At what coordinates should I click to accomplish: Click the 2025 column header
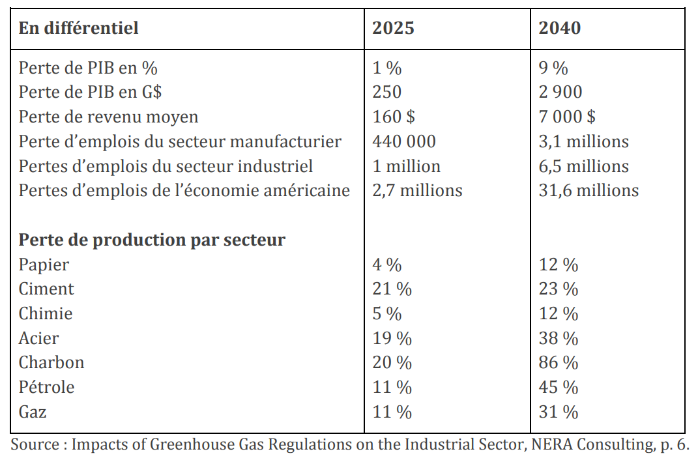[x=393, y=28]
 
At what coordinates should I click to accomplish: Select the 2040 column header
[x=560, y=28]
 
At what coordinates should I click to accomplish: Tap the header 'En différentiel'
[x=78, y=28]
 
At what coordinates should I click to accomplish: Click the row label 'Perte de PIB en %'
[x=88, y=68]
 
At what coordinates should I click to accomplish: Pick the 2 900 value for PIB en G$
[x=560, y=92]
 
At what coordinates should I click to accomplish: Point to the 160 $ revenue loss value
[x=394, y=117]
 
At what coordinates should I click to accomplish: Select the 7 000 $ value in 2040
[x=567, y=117]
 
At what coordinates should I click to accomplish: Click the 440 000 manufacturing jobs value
[x=404, y=141]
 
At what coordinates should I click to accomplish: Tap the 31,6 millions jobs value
[x=589, y=190]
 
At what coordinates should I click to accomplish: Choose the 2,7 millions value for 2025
[x=417, y=190]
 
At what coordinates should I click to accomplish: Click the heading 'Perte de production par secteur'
[x=152, y=240]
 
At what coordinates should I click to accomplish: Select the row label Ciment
[x=46, y=289]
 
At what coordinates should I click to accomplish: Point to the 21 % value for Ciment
[x=392, y=289]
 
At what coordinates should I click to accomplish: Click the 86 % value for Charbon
[x=559, y=362]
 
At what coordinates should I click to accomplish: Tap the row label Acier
[x=38, y=338]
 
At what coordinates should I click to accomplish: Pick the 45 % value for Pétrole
[x=559, y=388]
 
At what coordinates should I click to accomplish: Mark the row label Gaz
[x=33, y=412]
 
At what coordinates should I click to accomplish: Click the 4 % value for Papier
[x=387, y=265]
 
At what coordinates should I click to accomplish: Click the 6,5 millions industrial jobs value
[x=583, y=166]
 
